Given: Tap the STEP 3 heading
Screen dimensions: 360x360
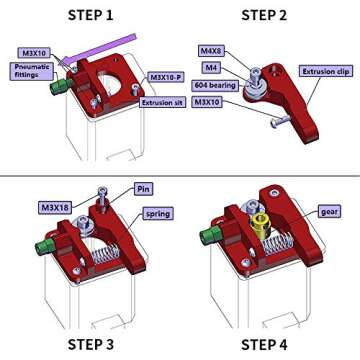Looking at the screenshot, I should click(90, 345).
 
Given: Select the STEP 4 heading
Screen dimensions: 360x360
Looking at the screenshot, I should click(264, 345).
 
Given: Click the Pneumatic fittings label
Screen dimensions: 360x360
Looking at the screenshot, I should click(29, 71).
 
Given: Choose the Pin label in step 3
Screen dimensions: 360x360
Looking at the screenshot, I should click(144, 189).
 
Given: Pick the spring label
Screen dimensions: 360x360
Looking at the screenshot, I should click(157, 213).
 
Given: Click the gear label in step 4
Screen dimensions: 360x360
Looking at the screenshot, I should click(329, 212).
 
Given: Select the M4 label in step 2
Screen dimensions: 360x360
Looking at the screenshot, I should click(211, 68).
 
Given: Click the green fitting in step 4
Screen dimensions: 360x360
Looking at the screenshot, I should click(211, 239).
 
